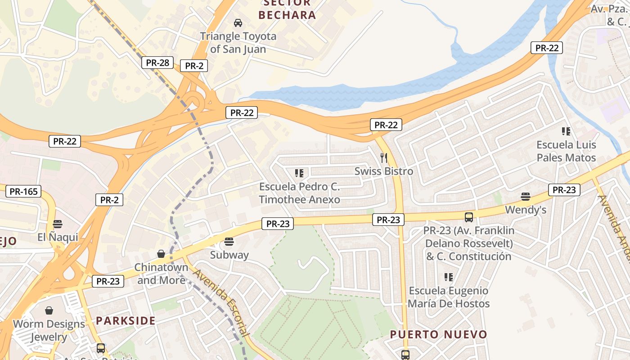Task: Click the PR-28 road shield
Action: pos(157,63)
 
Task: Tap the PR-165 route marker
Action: pos(24,191)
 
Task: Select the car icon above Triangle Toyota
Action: pos(238,22)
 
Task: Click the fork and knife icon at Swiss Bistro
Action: pos(384,157)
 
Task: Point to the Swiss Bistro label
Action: pos(384,171)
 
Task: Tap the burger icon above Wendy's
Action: pos(525,196)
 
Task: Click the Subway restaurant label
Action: pos(229,255)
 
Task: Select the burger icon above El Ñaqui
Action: pos(57,224)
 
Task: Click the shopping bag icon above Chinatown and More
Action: pos(161,254)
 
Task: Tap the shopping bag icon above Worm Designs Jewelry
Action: pos(49,310)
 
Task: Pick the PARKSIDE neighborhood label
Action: pos(126,321)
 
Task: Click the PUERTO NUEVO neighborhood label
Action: pos(438,334)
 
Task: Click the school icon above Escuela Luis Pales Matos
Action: pos(566,131)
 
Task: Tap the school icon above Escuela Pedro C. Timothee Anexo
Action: pos(299,173)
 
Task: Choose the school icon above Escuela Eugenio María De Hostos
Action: pos(448,277)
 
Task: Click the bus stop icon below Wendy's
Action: pos(468,217)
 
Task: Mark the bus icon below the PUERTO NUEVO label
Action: pos(405,355)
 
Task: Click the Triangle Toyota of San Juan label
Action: pos(238,42)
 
